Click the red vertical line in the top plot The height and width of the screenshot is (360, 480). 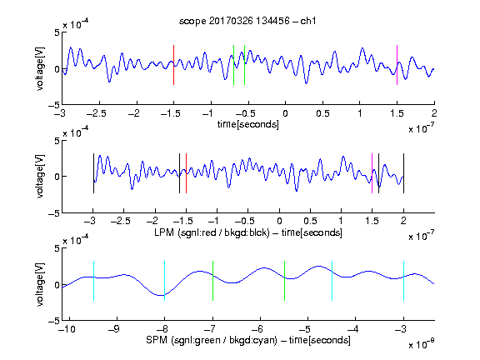pos(174,65)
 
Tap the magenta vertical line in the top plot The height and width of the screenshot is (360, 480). pos(397,65)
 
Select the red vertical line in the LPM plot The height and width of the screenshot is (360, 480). pos(186,173)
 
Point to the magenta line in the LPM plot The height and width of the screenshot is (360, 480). pos(372,173)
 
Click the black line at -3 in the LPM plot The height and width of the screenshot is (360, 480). pos(93,173)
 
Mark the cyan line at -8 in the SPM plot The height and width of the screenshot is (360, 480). pos(165,281)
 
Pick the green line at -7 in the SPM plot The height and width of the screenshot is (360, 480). pos(212,281)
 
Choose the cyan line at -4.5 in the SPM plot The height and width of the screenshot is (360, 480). pos(332,281)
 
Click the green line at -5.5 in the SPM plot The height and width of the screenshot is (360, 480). pos(284,281)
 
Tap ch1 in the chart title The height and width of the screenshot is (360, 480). pos(307,21)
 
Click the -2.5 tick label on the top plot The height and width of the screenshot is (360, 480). pos(96,113)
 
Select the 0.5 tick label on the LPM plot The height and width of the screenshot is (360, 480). pos(310,221)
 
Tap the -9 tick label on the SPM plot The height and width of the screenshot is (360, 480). pos(114,329)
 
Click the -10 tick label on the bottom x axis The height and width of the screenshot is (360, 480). pos(67,329)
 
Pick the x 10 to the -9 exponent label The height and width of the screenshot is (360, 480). pos(422,343)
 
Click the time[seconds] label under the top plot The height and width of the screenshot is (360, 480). pos(248,124)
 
